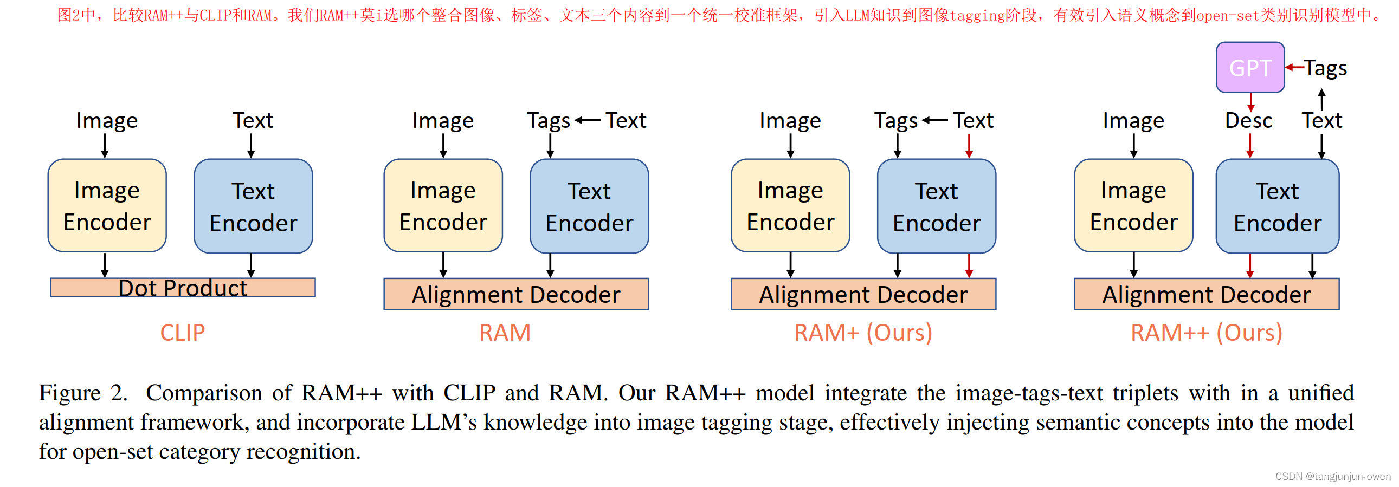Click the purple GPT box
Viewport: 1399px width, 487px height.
1249,68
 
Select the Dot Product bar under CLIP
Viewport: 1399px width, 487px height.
183,288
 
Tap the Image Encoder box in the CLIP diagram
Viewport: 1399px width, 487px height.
107,206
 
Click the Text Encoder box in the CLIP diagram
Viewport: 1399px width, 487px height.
253,206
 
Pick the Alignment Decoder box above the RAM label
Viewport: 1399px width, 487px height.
516,294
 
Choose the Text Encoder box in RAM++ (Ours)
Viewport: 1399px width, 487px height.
1278,206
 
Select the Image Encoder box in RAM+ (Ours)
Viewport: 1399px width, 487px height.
790,206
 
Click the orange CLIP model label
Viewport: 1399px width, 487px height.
183,333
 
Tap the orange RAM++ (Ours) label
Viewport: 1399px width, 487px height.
1206,333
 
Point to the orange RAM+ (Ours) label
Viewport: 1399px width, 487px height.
863,333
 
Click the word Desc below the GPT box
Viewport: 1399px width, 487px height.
1248,120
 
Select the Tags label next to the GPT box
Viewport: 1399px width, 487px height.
1325,68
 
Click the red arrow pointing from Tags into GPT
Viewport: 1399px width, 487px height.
1294,68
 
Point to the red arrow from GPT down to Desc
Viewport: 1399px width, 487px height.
1250,102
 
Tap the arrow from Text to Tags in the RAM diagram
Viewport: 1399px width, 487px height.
588,120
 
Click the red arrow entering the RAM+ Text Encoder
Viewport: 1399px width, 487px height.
969,146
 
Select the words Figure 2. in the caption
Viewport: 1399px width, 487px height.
83,393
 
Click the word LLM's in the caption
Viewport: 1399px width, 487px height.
443,423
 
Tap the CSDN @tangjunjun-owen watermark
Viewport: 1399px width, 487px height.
1332,476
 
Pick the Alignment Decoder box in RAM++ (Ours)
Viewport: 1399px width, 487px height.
1206,294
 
